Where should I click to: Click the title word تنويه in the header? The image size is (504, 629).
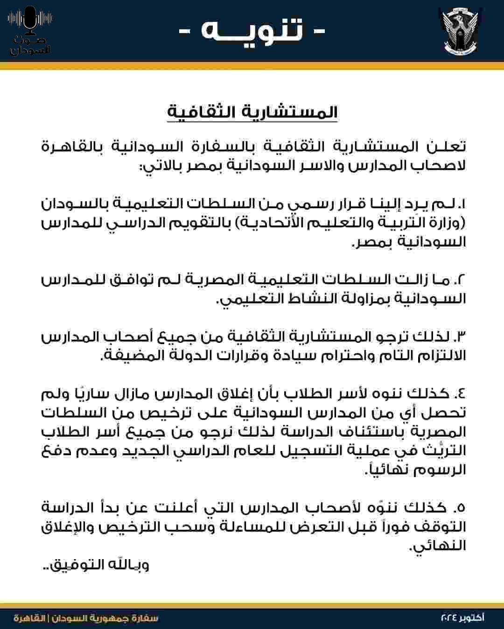(252, 31)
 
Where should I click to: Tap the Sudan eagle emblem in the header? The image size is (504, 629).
(460, 31)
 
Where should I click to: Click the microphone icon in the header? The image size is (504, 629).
(30, 21)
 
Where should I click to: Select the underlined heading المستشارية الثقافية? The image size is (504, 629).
(252, 112)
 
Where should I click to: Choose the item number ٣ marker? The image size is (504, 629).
(460, 336)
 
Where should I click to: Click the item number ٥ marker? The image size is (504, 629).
(461, 507)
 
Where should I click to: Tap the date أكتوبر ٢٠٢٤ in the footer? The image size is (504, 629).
(462, 618)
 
